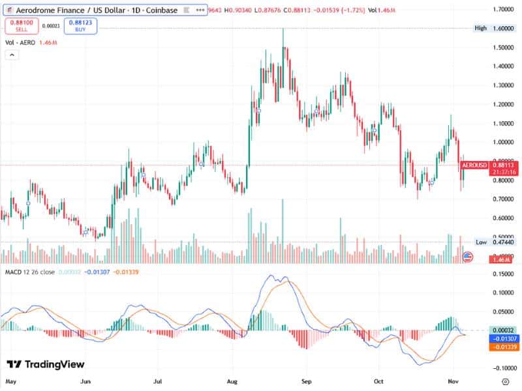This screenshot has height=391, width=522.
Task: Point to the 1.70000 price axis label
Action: tap(501, 10)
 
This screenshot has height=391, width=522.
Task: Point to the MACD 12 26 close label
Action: tap(29, 271)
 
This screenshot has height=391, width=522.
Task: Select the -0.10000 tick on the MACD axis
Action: tap(501, 368)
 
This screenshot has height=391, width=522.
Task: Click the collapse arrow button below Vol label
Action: tap(12, 55)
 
